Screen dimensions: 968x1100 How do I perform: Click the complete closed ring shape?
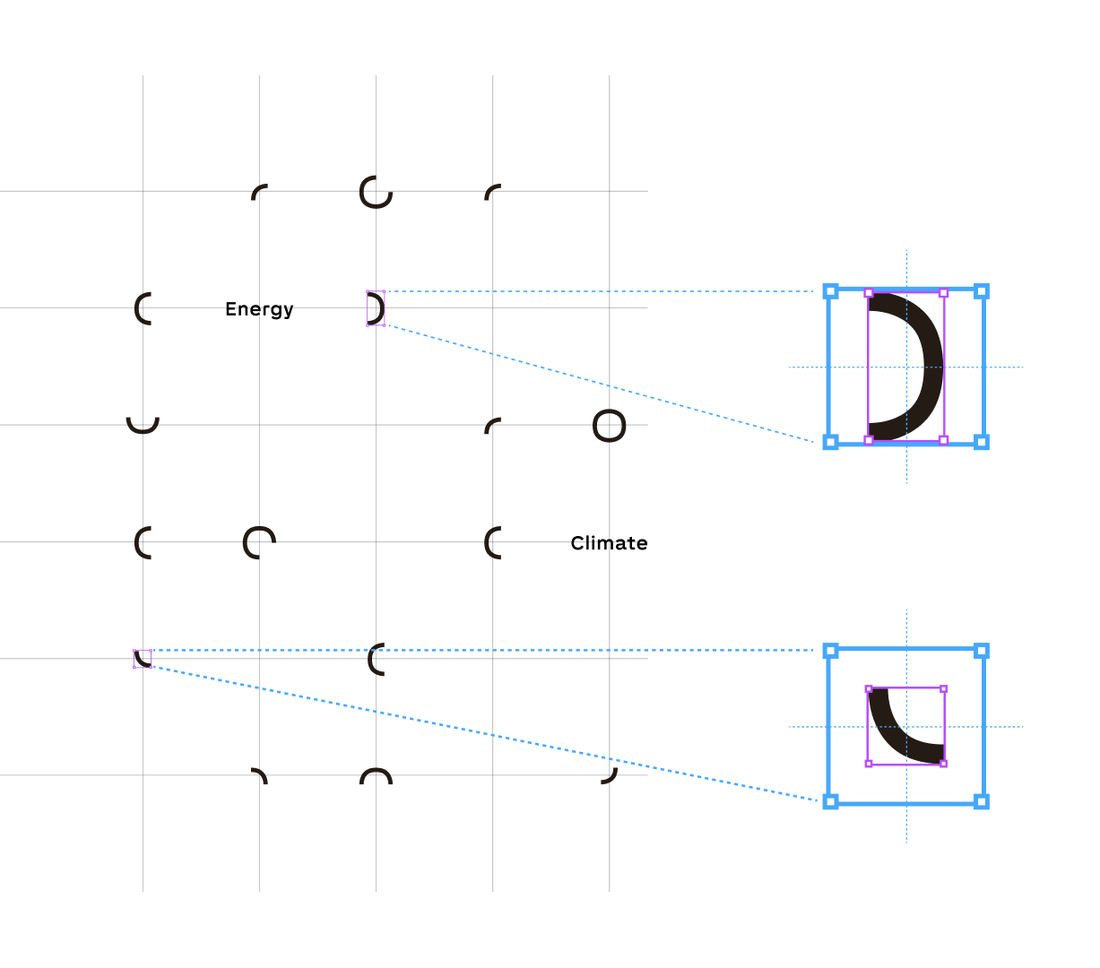tap(609, 426)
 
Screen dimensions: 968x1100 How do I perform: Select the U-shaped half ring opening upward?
tap(143, 426)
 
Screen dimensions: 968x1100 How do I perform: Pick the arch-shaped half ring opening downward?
tap(376, 774)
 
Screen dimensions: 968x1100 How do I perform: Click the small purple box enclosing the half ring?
tap(376, 308)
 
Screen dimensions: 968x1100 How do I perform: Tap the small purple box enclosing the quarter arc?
tap(143, 659)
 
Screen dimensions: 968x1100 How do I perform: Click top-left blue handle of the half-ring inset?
tap(830, 291)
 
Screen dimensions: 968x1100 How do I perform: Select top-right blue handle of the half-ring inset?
tap(982, 291)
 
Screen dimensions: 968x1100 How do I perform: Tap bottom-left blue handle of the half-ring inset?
tap(830, 442)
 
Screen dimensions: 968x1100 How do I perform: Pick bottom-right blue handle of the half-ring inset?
tap(982, 442)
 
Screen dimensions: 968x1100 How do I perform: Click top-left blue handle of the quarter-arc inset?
tap(830, 651)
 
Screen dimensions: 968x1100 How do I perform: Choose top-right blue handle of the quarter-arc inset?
tap(982, 651)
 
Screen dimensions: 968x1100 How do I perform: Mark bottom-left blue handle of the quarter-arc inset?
tap(830, 801)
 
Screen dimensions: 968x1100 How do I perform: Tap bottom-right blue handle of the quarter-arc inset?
tap(982, 801)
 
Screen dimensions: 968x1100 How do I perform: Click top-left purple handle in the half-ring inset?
tap(868, 293)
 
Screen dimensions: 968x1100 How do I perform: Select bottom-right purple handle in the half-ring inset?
tap(943, 440)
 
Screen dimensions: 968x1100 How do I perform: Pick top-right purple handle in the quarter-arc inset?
tap(943, 689)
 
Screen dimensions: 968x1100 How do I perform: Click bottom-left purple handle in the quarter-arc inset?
tap(868, 764)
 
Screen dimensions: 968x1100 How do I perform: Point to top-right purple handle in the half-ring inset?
tap(943, 293)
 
